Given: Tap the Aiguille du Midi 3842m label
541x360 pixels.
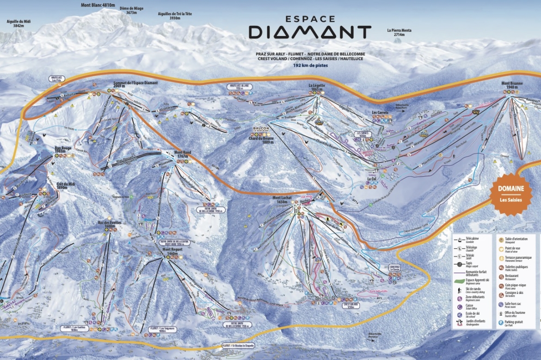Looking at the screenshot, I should pos(18,24).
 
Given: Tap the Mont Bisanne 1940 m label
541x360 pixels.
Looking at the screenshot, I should pos(512,85).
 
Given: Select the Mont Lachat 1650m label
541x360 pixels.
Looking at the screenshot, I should pos(282,200).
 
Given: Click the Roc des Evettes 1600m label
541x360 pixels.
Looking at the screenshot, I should pos(110,225).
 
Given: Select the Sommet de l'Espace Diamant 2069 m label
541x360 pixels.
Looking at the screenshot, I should pos(135,85).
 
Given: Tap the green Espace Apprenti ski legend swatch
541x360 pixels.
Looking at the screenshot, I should pos(460,280).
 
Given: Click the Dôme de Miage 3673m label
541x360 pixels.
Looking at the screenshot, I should pos(131,11).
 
